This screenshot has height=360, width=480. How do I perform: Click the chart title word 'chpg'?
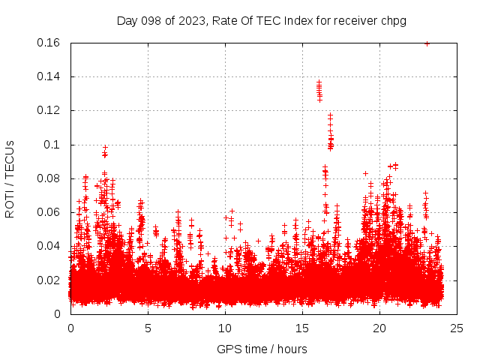(x=393, y=21)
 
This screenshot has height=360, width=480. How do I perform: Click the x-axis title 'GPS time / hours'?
(x=262, y=349)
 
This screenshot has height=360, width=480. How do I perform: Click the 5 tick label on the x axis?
(x=148, y=328)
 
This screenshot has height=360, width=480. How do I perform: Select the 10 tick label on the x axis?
(x=225, y=328)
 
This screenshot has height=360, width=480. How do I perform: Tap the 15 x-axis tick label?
(x=302, y=328)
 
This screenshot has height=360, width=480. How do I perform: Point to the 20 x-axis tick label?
(x=379, y=328)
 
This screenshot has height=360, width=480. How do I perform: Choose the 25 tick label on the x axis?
(x=457, y=328)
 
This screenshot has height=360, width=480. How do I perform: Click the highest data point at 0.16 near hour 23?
(x=427, y=43)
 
